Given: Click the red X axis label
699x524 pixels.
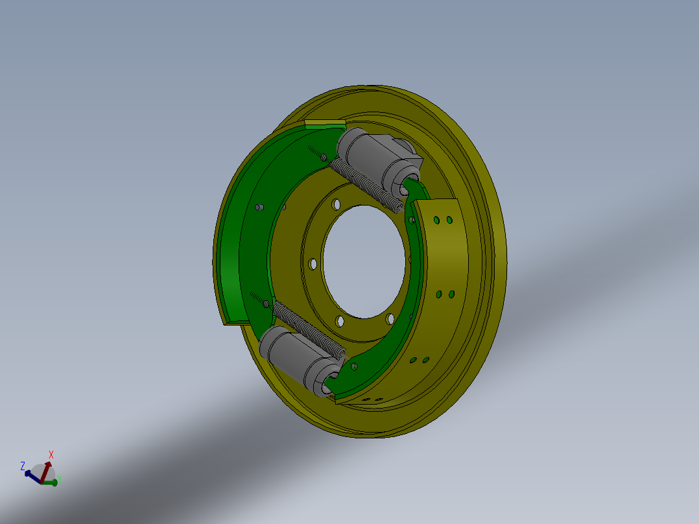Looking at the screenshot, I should click(x=51, y=455).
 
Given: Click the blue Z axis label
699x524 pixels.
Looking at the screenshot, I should click(x=23, y=466).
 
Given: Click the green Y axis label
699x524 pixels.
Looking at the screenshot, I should click(x=60, y=480).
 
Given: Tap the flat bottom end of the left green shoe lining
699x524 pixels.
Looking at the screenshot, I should click(x=235, y=322).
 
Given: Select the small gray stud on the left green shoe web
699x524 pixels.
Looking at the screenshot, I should click(x=259, y=208).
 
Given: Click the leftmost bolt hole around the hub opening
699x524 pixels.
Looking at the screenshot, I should click(x=313, y=265).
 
